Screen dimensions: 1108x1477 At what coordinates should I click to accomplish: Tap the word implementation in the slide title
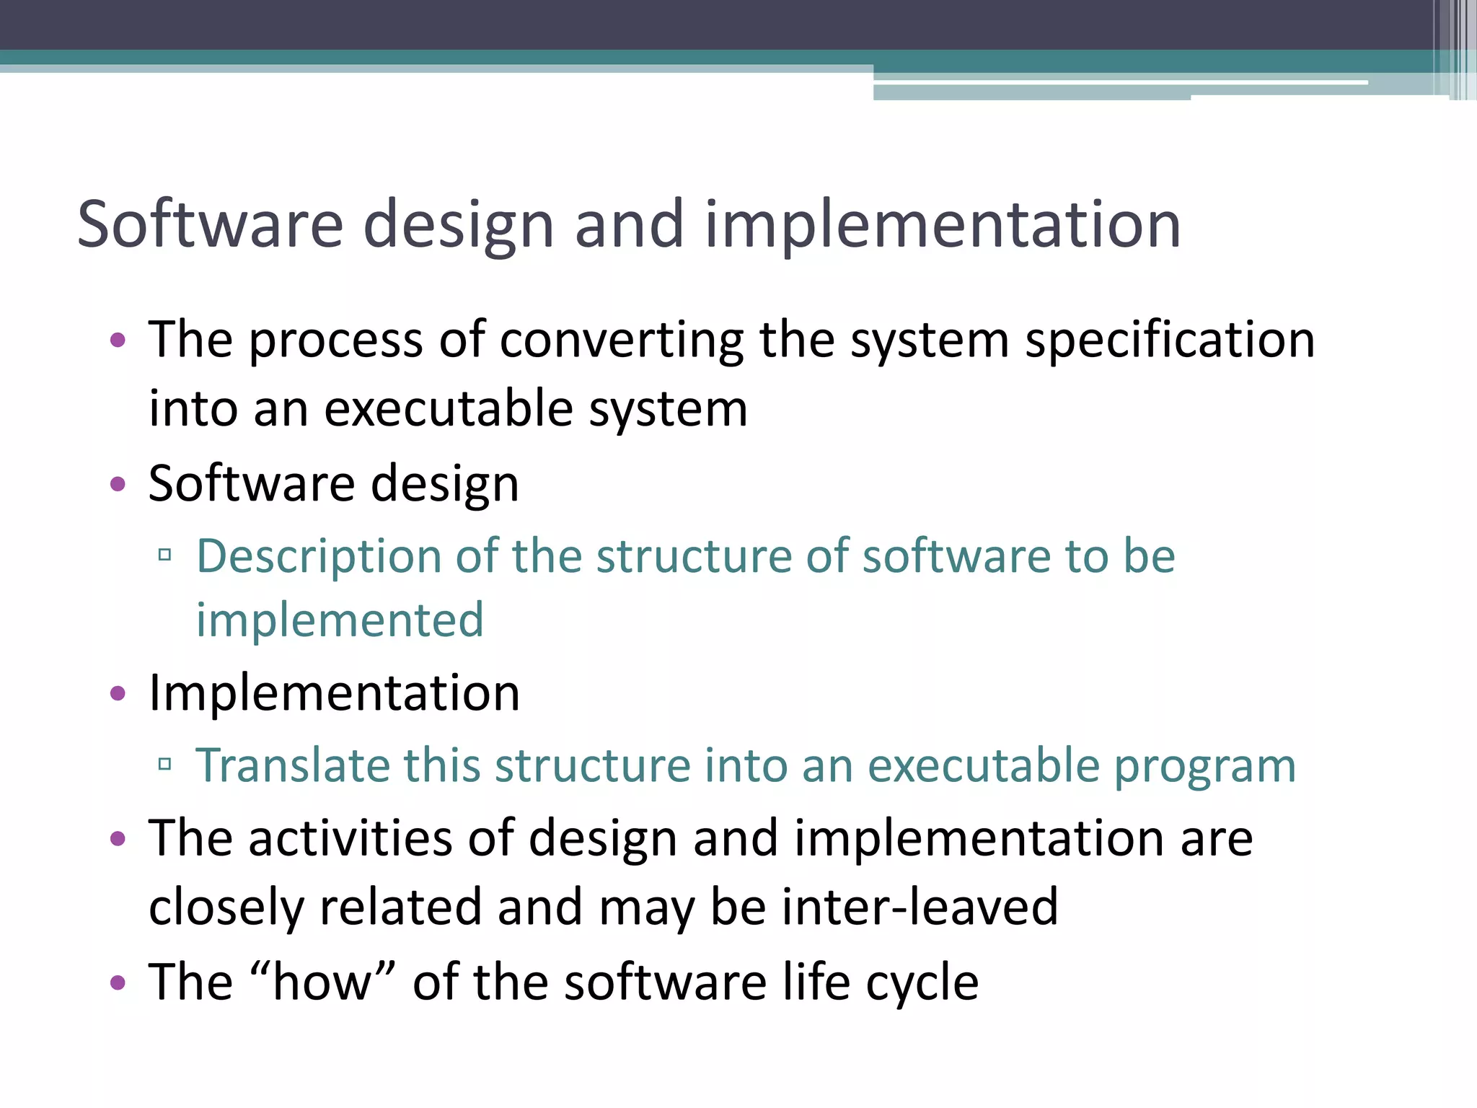942,226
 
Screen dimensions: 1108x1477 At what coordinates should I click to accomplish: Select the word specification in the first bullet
1170,340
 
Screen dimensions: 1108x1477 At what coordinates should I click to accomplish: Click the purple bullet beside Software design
118,483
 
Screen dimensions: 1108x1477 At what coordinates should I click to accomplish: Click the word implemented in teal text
340,620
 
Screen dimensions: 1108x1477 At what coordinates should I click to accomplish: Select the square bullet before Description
164,554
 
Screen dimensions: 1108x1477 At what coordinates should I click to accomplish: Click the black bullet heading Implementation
334,693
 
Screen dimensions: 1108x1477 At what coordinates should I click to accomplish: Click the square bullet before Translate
164,763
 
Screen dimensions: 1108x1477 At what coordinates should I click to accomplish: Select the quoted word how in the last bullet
322,982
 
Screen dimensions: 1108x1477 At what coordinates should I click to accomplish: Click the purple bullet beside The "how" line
118,982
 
